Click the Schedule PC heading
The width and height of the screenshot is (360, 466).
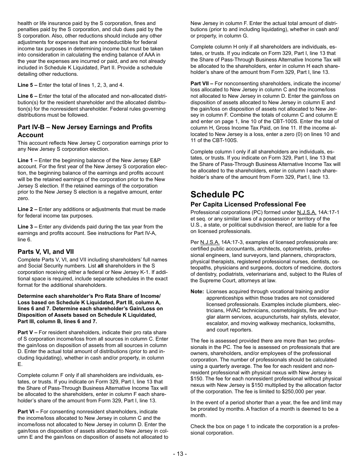tap(217, 194)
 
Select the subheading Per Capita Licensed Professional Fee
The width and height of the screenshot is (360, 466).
tap(248, 205)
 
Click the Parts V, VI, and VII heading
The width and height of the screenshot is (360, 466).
tap(45, 252)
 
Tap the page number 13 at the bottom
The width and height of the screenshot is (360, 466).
tap(180, 454)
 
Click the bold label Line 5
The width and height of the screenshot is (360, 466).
tap(27, 85)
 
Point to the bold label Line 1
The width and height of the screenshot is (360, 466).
tap(27, 161)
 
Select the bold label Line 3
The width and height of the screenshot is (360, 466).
tap(27, 227)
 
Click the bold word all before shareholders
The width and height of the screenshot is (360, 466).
tap(100, 266)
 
